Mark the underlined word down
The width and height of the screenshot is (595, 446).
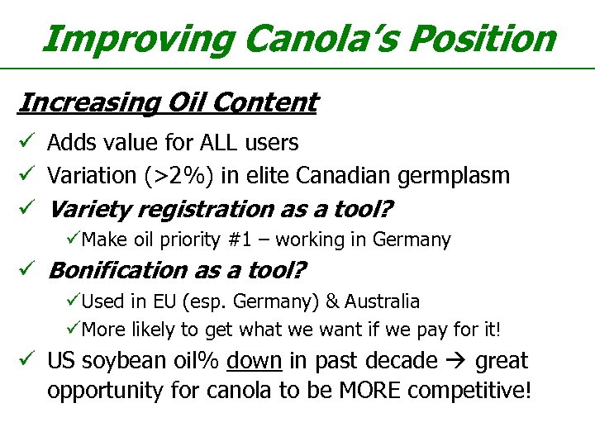[x=255, y=361]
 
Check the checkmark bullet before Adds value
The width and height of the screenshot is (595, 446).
[x=26, y=143]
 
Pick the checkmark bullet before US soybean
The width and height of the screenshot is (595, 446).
[x=26, y=361]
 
